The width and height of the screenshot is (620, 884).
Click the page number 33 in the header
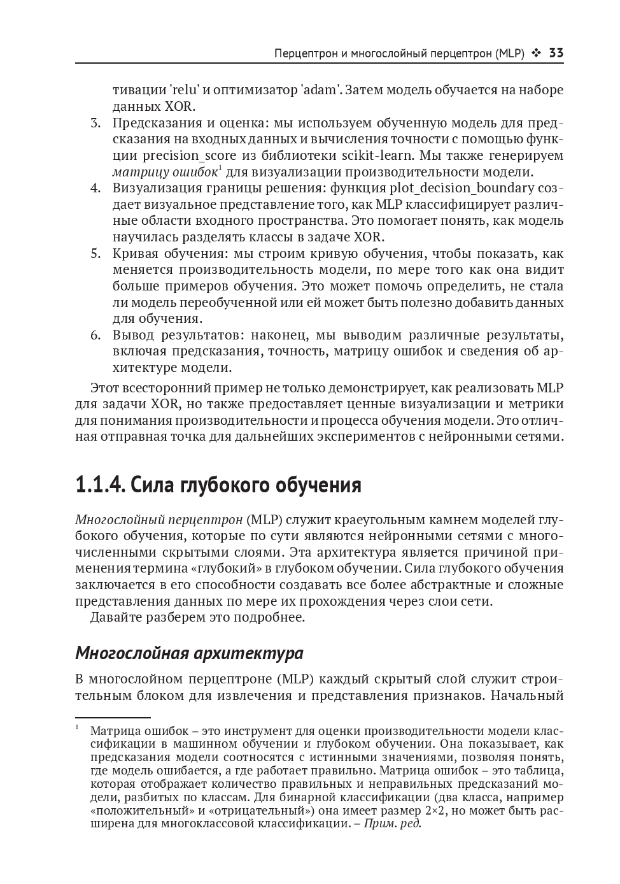coord(556,53)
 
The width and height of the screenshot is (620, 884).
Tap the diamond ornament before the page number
coord(537,53)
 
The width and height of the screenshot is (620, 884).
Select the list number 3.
coord(95,123)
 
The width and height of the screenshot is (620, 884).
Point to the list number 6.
coord(95,335)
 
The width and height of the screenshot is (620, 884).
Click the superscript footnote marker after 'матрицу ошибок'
coord(220,168)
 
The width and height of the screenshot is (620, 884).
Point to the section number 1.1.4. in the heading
coord(101,485)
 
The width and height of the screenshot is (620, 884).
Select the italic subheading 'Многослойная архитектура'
coord(189,653)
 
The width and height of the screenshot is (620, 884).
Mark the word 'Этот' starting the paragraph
coord(106,387)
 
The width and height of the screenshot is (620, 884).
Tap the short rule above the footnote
coord(113,716)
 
